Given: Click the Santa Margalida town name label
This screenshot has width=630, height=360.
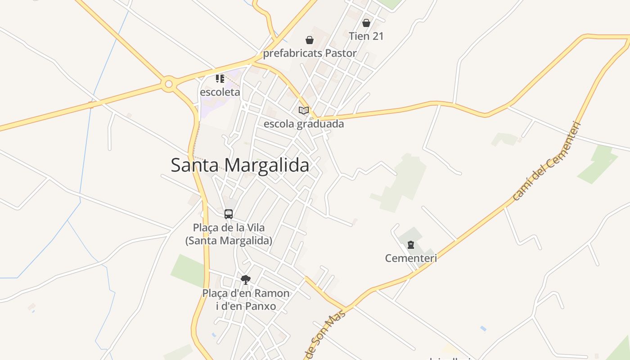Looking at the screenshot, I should [x=240, y=165].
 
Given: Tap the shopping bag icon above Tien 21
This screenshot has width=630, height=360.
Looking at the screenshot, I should [x=366, y=22].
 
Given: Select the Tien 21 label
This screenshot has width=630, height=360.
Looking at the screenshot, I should [x=366, y=36].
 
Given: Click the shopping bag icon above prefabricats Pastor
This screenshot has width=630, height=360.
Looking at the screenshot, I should [x=310, y=40].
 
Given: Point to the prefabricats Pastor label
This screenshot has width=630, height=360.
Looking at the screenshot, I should [x=310, y=53].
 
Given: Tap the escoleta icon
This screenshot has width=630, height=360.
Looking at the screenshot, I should [x=220, y=79].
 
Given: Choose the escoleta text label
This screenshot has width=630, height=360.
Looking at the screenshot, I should [x=220, y=92].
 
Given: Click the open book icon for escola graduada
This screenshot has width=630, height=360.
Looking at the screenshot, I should [x=304, y=110].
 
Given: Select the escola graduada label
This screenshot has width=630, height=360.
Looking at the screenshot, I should [x=304, y=124].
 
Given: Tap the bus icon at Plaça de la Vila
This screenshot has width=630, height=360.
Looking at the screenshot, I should [x=229, y=214].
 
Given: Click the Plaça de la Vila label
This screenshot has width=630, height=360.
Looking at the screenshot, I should [x=229, y=227].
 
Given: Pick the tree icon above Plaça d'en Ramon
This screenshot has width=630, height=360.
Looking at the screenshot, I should [x=245, y=280].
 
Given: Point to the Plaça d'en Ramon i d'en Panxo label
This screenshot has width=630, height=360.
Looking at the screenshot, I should [x=246, y=300].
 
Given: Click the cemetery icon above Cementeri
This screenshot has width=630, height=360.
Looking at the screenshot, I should [x=410, y=245].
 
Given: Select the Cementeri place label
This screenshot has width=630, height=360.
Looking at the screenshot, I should [x=411, y=258].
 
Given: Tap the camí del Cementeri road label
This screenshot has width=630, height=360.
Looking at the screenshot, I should [x=547, y=161].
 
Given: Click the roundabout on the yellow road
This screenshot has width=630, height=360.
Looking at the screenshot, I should [x=168, y=84].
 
